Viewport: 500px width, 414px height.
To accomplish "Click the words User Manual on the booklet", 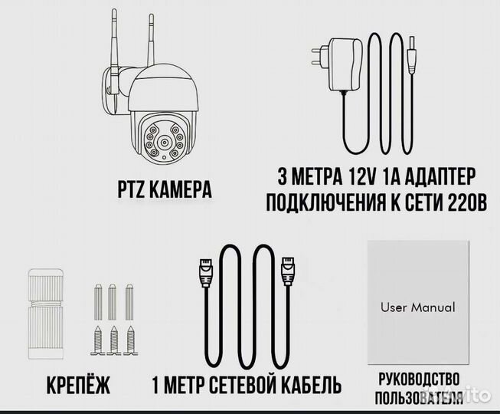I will point(417,307).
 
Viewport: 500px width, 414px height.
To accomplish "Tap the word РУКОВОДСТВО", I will point(419,379).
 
